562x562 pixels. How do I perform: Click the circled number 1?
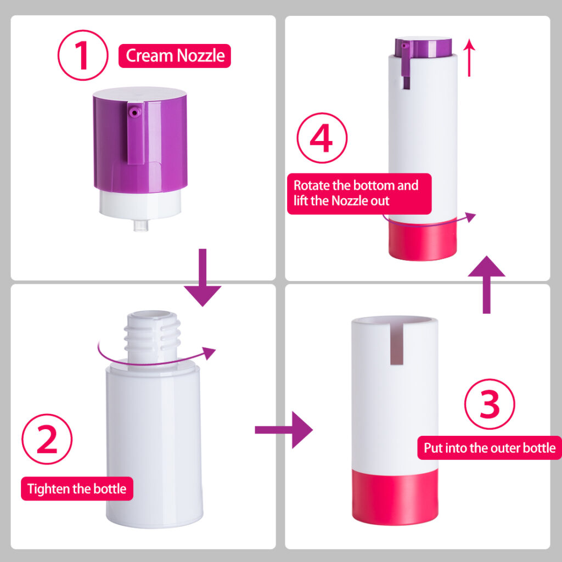pos(83,57)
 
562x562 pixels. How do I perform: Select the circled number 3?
pos(490,404)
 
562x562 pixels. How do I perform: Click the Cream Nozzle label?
pos(175,56)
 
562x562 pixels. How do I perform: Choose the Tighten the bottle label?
pos(77,488)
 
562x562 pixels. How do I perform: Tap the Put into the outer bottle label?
pos(489,448)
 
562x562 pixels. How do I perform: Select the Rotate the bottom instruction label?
pos(359,193)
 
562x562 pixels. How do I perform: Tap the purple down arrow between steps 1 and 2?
pos(202,277)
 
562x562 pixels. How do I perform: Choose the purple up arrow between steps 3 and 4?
pos(486,285)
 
